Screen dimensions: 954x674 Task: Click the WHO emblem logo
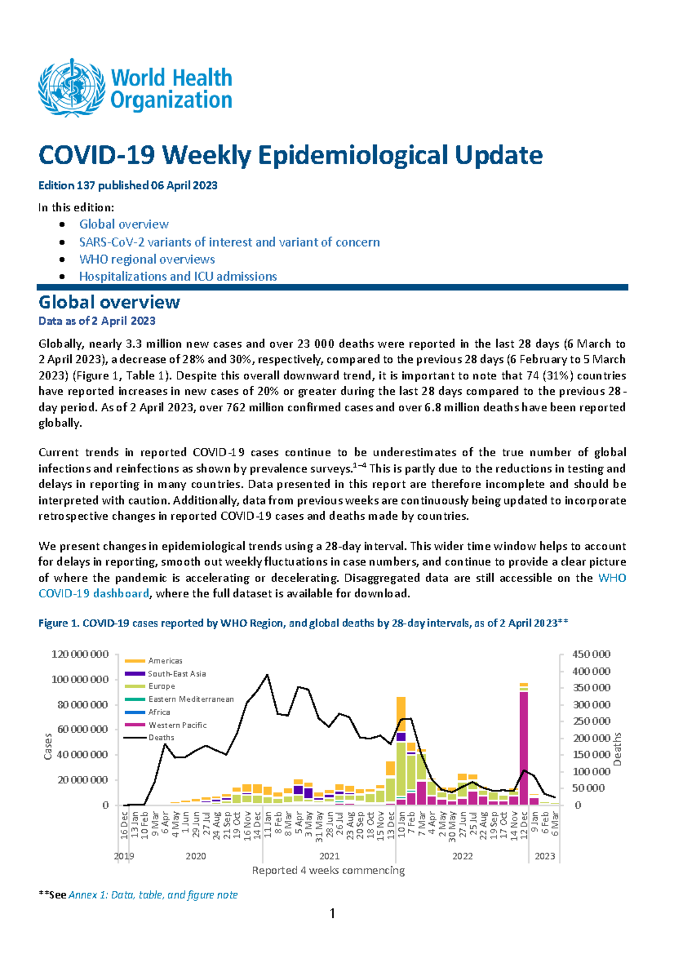pyautogui.click(x=71, y=88)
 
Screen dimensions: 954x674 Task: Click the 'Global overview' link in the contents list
pyautogui.click(x=124, y=224)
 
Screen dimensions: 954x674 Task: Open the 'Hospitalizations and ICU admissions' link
pyautogui.click(x=177, y=276)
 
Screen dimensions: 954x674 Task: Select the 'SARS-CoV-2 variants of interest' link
pyautogui.click(x=229, y=242)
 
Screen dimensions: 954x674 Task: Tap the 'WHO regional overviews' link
pyautogui.click(x=147, y=260)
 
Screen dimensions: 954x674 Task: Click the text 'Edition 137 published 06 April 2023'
pyautogui.click(x=127, y=185)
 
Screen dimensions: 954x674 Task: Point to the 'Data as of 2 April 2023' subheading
pyautogui.click(x=97, y=321)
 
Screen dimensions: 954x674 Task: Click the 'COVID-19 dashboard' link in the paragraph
pyautogui.click(x=93, y=593)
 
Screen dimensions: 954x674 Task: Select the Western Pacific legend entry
pyautogui.click(x=177, y=725)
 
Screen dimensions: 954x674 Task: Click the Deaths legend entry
pyautogui.click(x=161, y=738)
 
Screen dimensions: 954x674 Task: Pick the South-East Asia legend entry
pyautogui.click(x=176, y=674)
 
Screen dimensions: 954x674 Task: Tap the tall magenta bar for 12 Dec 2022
pyautogui.click(x=523, y=747)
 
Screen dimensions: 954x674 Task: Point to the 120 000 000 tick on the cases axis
pyautogui.click(x=80, y=654)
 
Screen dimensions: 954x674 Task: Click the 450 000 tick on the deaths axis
pyautogui.click(x=591, y=654)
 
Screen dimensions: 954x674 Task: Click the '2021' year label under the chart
pyautogui.click(x=329, y=856)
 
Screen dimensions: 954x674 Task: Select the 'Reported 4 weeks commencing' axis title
pyautogui.click(x=328, y=870)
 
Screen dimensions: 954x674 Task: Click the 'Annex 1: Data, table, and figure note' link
pyautogui.click(x=153, y=895)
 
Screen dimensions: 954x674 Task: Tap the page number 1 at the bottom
pyautogui.click(x=333, y=914)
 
